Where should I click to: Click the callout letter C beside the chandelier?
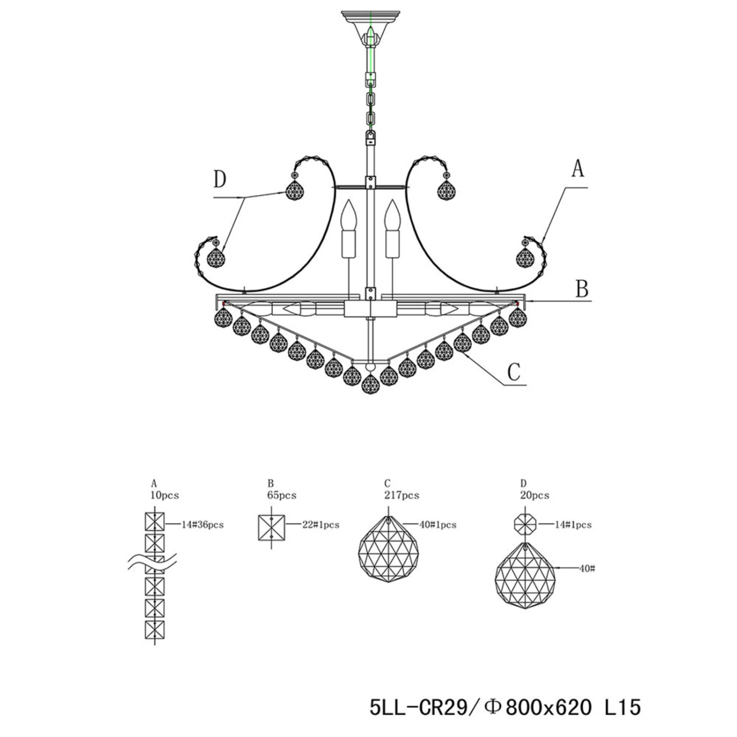[513, 372]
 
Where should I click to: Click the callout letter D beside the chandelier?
[220, 179]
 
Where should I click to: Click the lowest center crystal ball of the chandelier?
[371, 384]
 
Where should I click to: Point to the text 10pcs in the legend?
[165, 495]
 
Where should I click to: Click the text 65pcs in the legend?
[282, 495]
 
